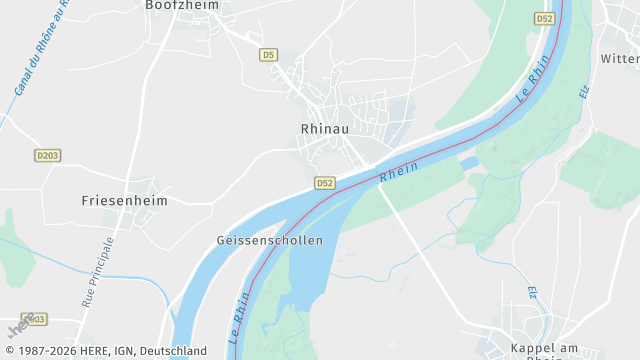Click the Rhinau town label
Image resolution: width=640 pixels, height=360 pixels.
323,128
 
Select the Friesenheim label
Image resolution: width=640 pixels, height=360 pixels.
124,200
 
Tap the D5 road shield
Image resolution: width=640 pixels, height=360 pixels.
267,55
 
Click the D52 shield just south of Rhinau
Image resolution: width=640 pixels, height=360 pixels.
324,183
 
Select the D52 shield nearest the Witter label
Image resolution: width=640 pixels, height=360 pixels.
544,18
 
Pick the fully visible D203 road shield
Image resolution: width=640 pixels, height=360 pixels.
47,155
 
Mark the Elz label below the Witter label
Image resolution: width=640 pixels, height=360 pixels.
584,90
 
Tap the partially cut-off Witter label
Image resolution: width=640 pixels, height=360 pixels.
620,59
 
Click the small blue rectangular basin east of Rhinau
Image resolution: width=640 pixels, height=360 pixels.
469,162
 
